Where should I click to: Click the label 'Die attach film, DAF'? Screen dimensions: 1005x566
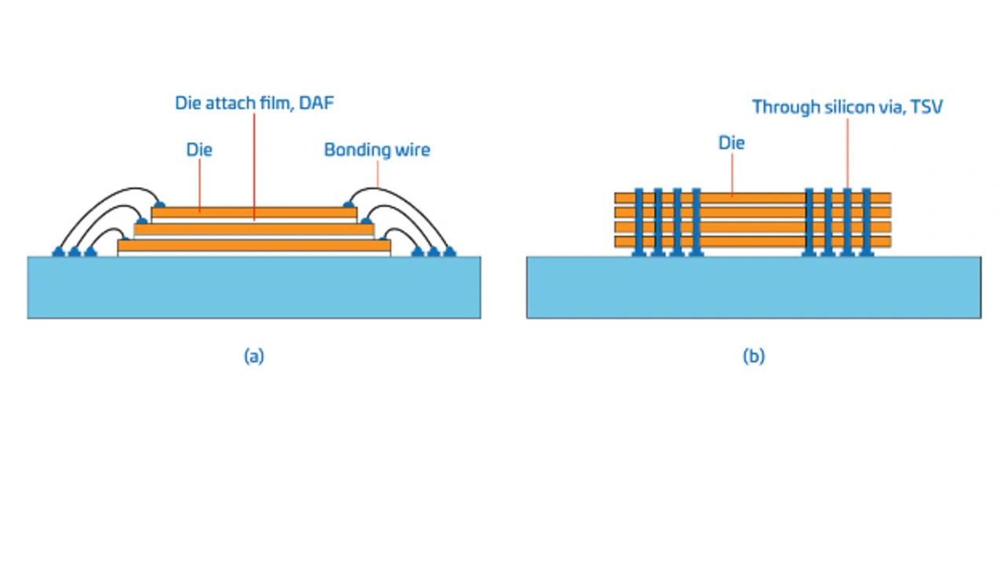[254, 103]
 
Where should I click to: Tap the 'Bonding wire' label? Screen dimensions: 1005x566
[378, 150]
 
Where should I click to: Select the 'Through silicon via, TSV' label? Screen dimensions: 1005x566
[847, 107]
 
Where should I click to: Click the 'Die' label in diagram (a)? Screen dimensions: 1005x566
[199, 149]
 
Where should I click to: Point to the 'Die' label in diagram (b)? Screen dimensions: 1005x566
[732, 143]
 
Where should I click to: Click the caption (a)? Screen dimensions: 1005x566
[254, 356]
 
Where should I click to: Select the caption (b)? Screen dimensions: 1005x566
[754, 356]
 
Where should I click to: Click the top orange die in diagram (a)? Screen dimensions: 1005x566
[254, 212]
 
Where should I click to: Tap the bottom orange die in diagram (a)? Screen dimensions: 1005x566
[254, 246]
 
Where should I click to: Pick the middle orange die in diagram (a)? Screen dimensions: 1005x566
[254, 228]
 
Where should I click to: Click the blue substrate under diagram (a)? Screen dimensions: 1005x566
[254, 287]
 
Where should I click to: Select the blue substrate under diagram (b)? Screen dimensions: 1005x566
[754, 287]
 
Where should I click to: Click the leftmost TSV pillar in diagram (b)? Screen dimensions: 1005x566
[639, 222]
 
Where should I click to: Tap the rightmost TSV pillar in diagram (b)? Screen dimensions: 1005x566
[866, 222]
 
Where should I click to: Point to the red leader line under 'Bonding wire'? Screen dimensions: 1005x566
[378, 174]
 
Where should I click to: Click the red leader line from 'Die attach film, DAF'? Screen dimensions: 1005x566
[254, 167]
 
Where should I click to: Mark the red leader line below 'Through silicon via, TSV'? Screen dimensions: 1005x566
[847, 153]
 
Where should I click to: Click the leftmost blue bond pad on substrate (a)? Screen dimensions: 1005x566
[59, 252]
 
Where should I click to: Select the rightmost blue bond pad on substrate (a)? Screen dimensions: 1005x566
[449, 252]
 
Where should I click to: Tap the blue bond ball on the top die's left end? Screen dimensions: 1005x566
[159, 205]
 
